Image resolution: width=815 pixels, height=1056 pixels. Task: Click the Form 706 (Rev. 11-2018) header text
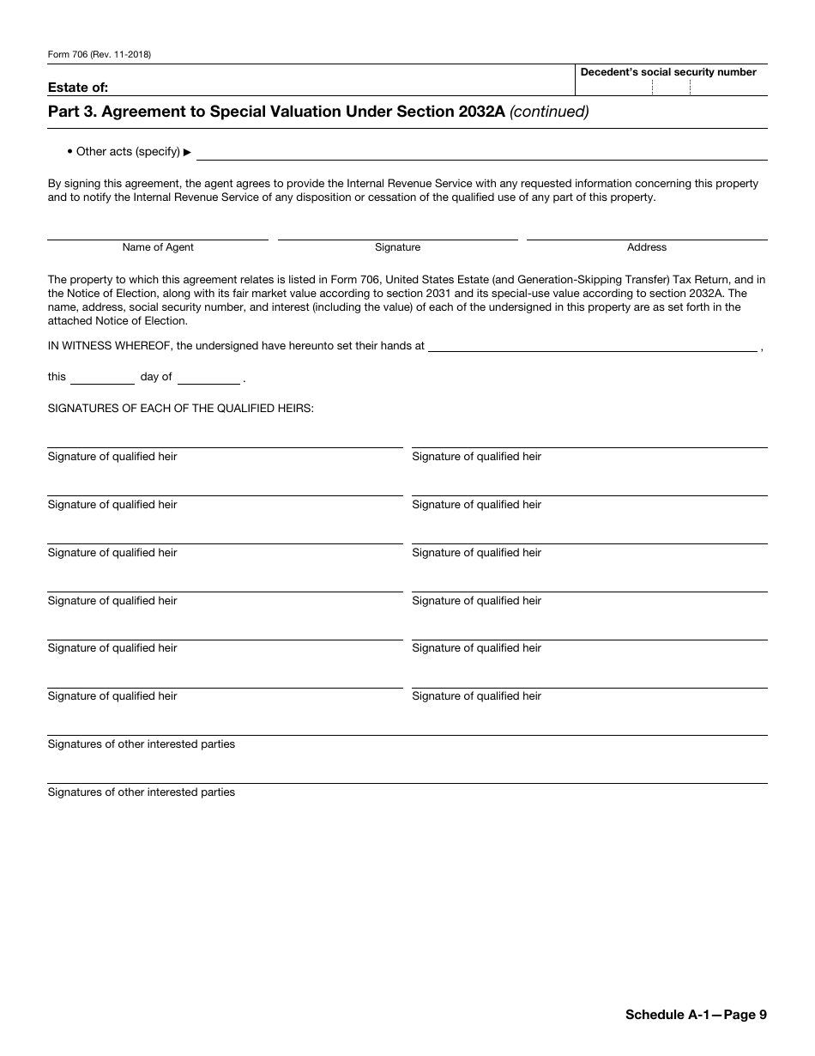100,55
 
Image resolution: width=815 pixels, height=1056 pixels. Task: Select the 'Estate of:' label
78,87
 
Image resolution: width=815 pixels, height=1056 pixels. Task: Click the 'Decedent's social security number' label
668,72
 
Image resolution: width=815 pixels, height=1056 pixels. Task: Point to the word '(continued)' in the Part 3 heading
549,112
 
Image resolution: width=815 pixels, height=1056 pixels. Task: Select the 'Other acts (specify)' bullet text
128,152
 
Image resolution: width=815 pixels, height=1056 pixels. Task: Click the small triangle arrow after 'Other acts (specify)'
188,153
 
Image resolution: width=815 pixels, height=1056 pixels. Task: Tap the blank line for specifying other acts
481,153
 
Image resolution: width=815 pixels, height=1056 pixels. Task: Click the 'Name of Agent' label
158,247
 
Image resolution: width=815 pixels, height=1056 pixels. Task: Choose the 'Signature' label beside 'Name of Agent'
397,247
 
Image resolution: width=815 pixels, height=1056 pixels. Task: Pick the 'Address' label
646,247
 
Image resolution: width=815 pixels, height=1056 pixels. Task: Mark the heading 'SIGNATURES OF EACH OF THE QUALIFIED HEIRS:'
181,409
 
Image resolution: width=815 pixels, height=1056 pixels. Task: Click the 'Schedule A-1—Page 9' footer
696,1015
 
